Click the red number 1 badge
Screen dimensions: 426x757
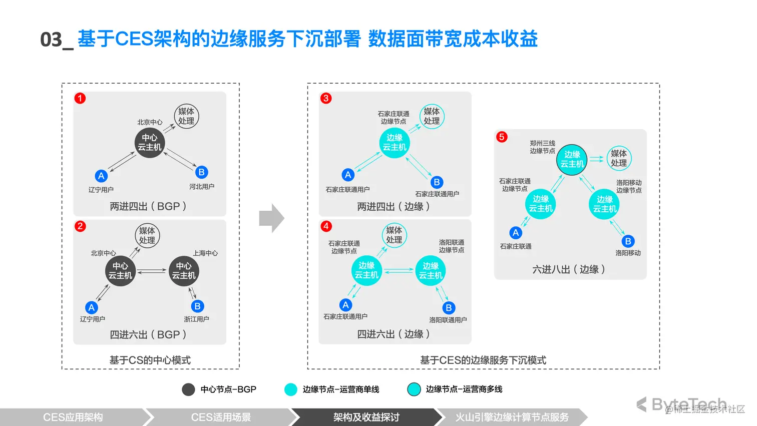pos(80,98)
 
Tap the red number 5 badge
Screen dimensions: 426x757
pos(502,137)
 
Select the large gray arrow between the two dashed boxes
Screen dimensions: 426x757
pos(271,218)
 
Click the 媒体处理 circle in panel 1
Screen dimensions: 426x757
pos(186,116)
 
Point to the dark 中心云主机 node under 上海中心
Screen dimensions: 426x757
pos(184,271)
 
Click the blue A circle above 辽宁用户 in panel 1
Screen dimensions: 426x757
pos(101,176)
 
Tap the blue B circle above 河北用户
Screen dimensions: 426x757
pos(201,172)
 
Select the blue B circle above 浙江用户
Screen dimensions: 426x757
pos(197,306)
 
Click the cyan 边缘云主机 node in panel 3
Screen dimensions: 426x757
pos(395,143)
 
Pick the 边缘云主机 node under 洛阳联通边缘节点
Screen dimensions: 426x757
pos(431,271)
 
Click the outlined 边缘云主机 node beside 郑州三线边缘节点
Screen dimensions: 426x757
pos(572,160)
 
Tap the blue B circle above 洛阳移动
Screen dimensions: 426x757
pos(628,241)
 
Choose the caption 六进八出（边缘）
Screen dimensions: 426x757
pos(569,269)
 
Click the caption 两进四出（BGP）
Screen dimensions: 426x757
pos(148,206)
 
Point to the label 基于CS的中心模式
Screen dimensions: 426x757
pos(150,360)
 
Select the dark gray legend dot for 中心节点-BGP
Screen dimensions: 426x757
pos(188,389)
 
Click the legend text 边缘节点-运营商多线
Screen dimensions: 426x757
pos(464,389)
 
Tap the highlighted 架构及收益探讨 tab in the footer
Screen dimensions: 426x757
pos(366,417)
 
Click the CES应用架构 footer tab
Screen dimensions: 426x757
pos(73,417)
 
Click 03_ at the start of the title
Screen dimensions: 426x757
pos(57,40)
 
